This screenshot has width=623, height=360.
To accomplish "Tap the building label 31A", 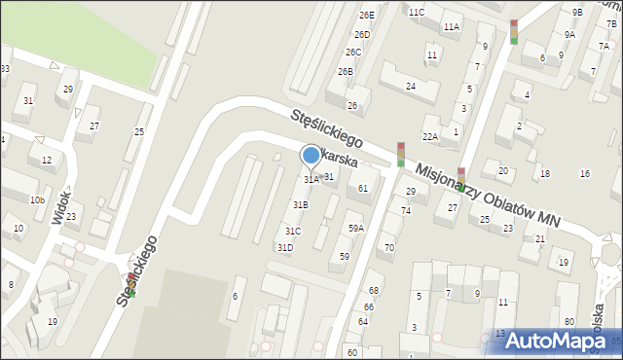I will click(311, 180).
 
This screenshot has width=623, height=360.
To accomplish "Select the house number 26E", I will click(366, 16).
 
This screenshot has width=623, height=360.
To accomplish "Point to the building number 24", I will click(411, 87).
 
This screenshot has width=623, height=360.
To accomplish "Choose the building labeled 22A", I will click(430, 137).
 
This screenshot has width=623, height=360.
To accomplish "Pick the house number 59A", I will click(356, 229).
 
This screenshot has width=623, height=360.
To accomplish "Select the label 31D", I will click(285, 248).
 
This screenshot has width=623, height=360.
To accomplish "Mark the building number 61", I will click(362, 188).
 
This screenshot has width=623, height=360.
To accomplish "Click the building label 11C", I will click(417, 12).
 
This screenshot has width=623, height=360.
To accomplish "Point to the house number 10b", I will click(37, 200).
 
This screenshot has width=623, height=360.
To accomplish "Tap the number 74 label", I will click(405, 210).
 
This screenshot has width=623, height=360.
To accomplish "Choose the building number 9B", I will click(577, 12).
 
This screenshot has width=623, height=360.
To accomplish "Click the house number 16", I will click(584, 174).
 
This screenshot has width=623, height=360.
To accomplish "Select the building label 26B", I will click(345, 72).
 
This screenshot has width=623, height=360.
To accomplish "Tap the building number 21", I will click(539, 238).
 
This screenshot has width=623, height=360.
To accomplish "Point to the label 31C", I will click(293, 232).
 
